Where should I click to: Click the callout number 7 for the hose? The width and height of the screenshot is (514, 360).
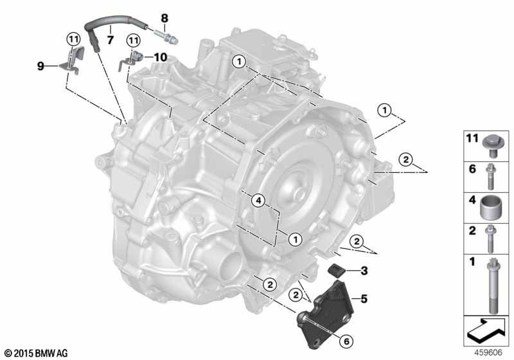[x=111, y=40]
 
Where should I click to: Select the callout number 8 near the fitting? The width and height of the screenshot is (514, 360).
[x=164, y=18]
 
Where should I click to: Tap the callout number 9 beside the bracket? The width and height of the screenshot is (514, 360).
[x=40, y=66]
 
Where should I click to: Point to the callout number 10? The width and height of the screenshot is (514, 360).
[x=161, y=57]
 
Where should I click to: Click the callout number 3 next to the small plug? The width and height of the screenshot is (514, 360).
[x=364, y=271]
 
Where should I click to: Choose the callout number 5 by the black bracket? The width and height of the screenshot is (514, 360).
[x=364, y=299]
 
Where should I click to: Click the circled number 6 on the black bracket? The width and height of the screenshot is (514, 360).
[x=346, y=341]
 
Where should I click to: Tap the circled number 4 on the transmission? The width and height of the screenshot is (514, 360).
[x=258, y=201]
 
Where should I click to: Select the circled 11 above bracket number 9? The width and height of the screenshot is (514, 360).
[x=73, y=40]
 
